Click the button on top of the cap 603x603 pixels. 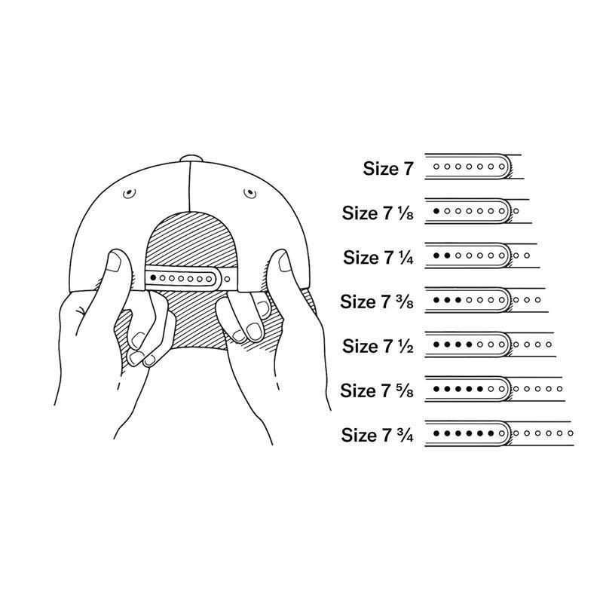click(192, 158)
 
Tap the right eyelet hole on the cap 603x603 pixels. click(247, 194)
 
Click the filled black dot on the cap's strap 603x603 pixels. click(154, 278)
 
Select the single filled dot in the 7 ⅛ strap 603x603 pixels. click(437, 212)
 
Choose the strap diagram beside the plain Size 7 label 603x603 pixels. click(473, 167)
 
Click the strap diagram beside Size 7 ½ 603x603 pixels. click(490, 345)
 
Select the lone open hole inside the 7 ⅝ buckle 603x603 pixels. click(491, 390)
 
